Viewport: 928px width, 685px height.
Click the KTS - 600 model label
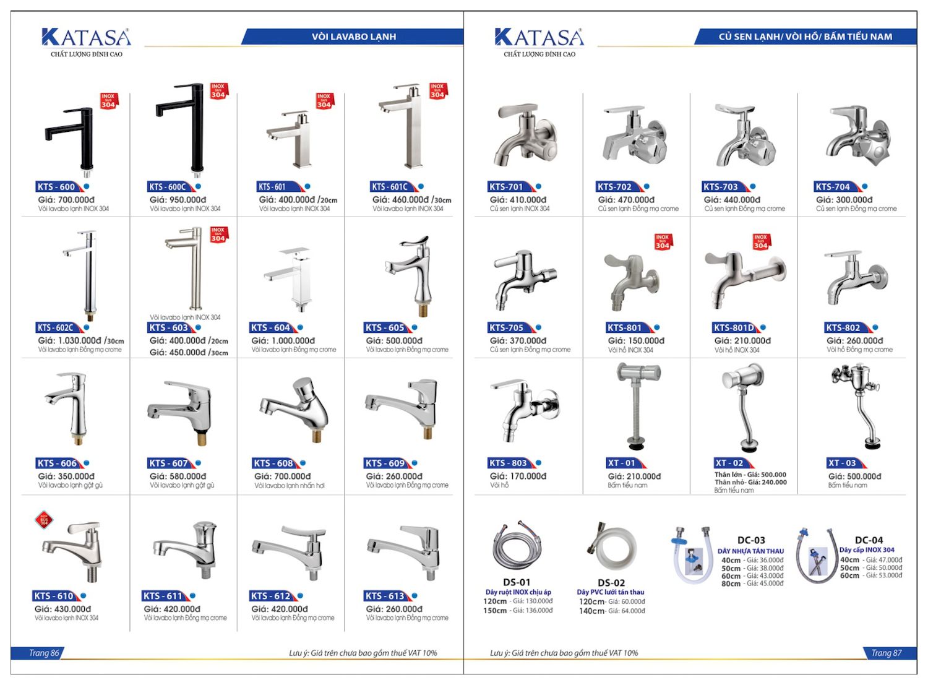coord(56,187)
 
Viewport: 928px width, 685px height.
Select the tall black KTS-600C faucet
coord(184,127)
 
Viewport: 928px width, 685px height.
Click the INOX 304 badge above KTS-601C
coord(437,91)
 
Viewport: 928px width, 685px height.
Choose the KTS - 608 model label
coord(273,463)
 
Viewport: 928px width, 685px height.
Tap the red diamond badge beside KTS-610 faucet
coord(43,520)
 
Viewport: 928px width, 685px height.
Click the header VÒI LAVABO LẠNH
coord(353,37)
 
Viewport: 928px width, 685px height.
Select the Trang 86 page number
coord(44,653)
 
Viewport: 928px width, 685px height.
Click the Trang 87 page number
coord(886,653)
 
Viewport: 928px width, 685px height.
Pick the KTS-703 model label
coord(721,187)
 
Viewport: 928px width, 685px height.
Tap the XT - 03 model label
coord(842,463)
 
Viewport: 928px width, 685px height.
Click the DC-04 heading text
coord(869,540)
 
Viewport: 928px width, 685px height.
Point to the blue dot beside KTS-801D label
coord(763,327)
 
